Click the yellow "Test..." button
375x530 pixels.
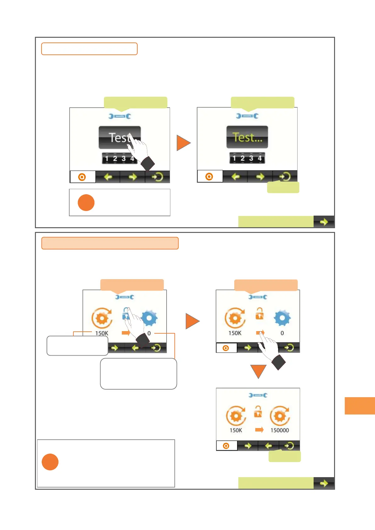[247, 137]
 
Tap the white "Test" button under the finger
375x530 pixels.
[120, 138]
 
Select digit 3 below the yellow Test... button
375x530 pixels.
[251, 158]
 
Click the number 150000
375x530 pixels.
[280, 430]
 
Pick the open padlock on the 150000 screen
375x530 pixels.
[258, 411]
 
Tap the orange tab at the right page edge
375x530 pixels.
[360, 406]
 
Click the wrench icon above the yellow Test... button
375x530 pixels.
[247, 116]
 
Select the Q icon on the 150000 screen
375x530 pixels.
[226, 446]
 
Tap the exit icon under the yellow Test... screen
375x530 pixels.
[285, 177]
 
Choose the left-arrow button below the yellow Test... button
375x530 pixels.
[236, 177]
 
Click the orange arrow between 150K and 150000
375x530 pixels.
[259, 429]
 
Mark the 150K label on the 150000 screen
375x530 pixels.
[236, 430]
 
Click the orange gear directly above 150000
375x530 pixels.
[280, 416]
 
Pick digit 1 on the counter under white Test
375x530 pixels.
[107, 159]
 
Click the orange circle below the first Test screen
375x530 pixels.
[86, 203]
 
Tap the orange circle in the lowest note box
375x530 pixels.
[50, 462]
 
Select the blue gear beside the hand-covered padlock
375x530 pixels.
[149, 318]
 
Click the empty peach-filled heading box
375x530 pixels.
[110, 243]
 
